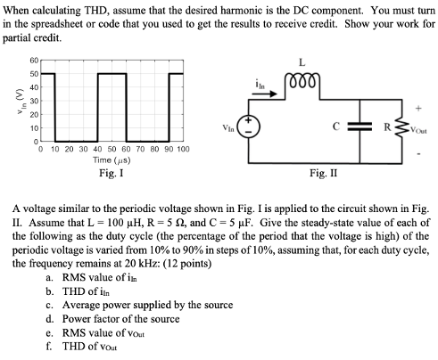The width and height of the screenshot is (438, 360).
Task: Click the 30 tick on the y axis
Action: pos(34,102)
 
